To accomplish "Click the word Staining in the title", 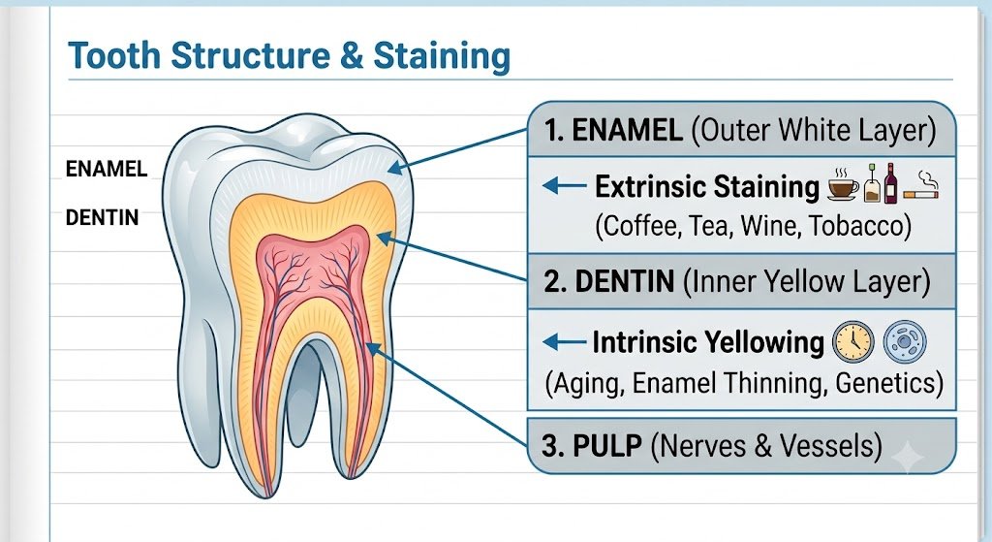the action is click(x=441, y=55).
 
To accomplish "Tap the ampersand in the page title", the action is click(x=351, y=54).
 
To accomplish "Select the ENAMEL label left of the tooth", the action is click(x=107, y=169).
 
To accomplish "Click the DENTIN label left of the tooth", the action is click(x=102, y=218).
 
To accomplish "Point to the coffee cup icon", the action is click(x=844, y=185).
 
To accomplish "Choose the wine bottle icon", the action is click(x=891, y=183).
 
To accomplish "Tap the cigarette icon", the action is click(x=920, y=187).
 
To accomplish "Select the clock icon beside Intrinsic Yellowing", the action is click(x=852, y=342).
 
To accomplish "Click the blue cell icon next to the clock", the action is click(x=904, y=342).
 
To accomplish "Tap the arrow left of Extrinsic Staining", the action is click(x=565, y=185).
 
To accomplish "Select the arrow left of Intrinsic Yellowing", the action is click(x=565, y=342).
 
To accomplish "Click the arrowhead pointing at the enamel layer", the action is click(x=396, y=167).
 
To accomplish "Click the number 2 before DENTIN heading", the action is click(x=552, y=281).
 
